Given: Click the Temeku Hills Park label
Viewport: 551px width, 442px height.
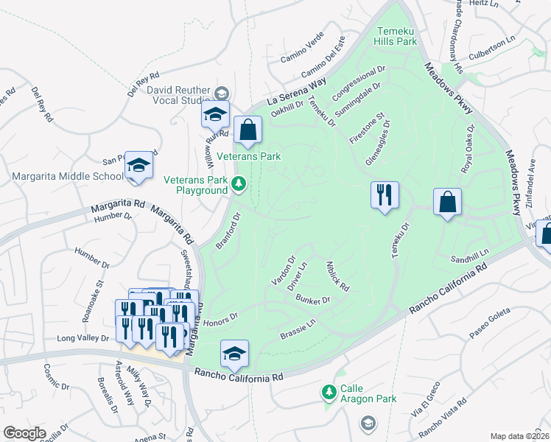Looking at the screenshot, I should (397, 36).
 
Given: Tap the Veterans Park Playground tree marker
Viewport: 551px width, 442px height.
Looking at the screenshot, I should (238, 183).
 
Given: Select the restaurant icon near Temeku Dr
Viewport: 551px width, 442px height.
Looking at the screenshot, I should (384, 196).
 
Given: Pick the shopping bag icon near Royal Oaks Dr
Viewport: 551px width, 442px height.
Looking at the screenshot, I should (447, 202).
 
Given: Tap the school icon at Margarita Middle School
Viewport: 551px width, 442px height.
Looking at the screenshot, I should (138, 166).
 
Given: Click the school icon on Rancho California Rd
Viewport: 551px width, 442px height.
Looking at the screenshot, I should (234, 354).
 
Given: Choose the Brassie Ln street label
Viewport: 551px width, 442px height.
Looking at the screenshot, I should (298, 329).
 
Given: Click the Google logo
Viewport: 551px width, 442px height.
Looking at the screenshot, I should (24, 432).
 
